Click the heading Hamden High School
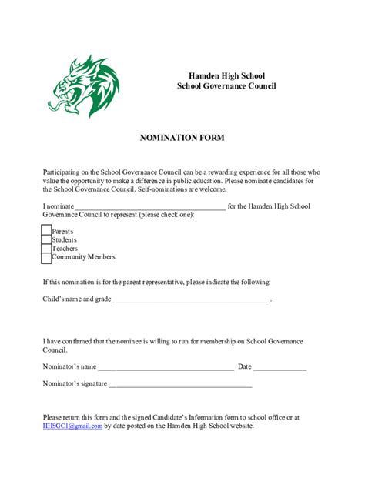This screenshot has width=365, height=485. click(226, 75)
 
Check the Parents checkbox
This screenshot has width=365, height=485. click(46, 231)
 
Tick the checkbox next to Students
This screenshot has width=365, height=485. click(46, 239)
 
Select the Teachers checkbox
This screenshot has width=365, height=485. click(46, 248)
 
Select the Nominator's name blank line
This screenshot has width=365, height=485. click(166, 367)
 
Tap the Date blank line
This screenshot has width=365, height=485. click(280, 367)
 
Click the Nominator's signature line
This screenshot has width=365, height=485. click(181, 384)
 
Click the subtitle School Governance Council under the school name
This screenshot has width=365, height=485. click(226, 86)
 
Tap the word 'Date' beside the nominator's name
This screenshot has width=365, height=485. click(245, 366)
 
